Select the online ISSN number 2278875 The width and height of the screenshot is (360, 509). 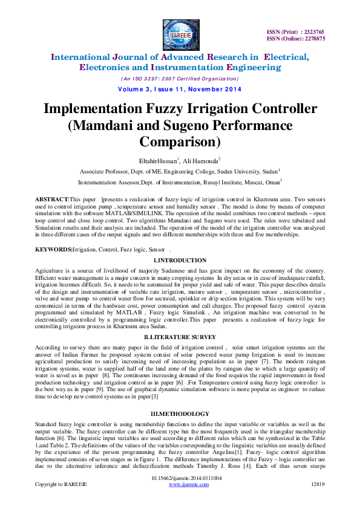[x=312, y=38]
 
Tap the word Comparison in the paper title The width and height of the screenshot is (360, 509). [x=180, y=143]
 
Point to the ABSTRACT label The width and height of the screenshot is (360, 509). [x=52, y=198]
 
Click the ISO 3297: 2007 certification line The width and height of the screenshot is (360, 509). [x=180, y=79]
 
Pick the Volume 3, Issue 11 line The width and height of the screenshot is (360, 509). [x=179, y=90]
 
